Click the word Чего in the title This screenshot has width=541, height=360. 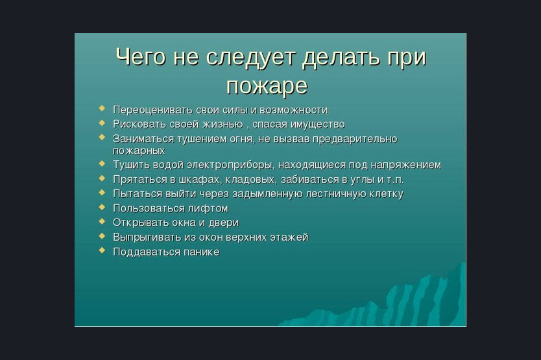[x=140, y=56]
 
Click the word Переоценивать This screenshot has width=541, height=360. [x=152, y=110]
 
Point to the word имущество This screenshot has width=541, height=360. [x=317, y=125]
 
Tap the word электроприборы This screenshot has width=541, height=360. [x=231, y=165]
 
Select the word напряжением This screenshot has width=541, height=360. [x=406, y=165]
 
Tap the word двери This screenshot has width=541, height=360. [x=224, y=223]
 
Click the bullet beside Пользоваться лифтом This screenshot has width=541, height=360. [x=102, y=207]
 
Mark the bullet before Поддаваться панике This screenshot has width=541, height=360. [x=102, y=250]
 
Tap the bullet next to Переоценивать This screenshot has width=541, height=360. [x=102, y=108]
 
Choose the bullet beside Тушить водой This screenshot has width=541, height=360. [x=102, y=163]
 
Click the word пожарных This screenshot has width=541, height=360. [x=139, y=151]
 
